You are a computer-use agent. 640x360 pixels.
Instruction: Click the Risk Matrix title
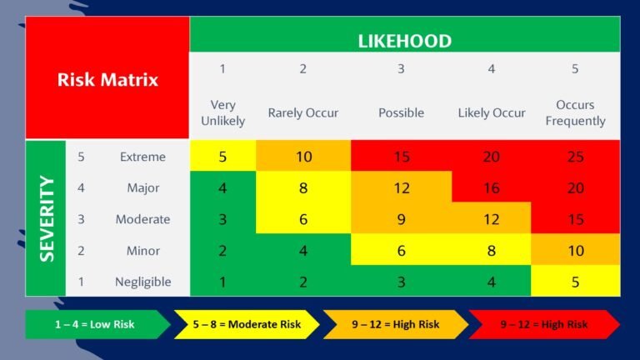click(x=107, y=80)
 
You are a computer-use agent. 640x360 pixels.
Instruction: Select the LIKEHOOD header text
click(x=405, y=41)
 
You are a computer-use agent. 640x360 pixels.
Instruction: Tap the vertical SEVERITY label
click(x=47, y=219)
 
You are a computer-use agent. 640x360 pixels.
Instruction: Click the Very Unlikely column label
click(x=222, y=112)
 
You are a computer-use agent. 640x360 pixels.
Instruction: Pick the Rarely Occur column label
click(x=302, y=112)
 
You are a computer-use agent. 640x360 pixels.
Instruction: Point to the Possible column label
click(x=401, y=112)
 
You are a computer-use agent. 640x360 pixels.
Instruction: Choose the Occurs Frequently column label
click(x=575, y=112)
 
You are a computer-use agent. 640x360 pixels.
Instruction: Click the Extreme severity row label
click(x=142, y=157)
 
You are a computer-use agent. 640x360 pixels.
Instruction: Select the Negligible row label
click(x=142, y=282)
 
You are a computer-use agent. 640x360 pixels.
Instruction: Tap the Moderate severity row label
click(x=142, y=219)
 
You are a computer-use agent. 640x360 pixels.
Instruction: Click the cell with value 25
click(x=576, y=156)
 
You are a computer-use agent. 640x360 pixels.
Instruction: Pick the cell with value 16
click(x=492, y=187)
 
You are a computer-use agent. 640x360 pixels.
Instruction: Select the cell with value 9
click(x=401, y=218)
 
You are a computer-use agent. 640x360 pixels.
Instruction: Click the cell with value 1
click(x=222, y=281)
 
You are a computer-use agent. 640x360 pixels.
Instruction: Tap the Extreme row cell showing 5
click(x=222, y=156)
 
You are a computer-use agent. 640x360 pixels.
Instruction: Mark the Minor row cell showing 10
click(x=576, y=249)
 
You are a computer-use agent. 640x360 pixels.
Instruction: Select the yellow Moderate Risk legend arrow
click(x=247, y=324)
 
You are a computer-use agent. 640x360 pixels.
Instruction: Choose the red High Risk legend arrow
click(x=544, y=324)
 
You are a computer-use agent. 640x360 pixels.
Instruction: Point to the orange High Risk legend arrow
click(x=396, y=324)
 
